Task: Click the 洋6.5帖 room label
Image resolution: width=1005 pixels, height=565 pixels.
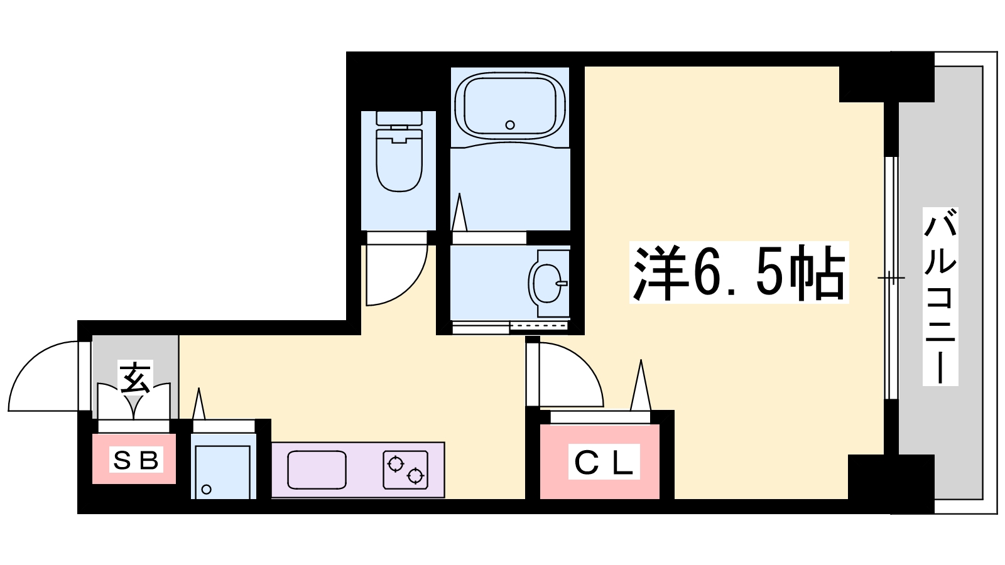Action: coord(739,272)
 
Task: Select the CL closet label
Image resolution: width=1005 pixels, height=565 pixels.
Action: coord(604,461)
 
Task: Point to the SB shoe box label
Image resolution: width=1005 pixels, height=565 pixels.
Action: coord(136,460)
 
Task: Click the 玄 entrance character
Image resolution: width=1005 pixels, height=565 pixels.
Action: coord(135,377)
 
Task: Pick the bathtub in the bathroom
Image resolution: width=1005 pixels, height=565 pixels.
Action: coord(509,106)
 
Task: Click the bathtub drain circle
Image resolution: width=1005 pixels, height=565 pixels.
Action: coord(509,125)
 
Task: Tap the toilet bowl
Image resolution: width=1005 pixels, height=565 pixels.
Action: coord(399,153)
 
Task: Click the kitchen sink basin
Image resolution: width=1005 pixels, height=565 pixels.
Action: coord(317,470)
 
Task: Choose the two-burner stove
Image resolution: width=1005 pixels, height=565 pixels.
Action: coord(406,470)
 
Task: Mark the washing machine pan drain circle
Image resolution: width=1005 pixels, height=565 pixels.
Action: coord(207,489)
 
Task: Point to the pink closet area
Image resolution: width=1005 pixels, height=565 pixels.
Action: coord(600,461)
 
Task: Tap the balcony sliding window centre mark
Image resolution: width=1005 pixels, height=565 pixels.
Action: coord(891,278)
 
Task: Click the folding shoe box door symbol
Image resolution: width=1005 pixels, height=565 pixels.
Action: coord(134,401)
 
